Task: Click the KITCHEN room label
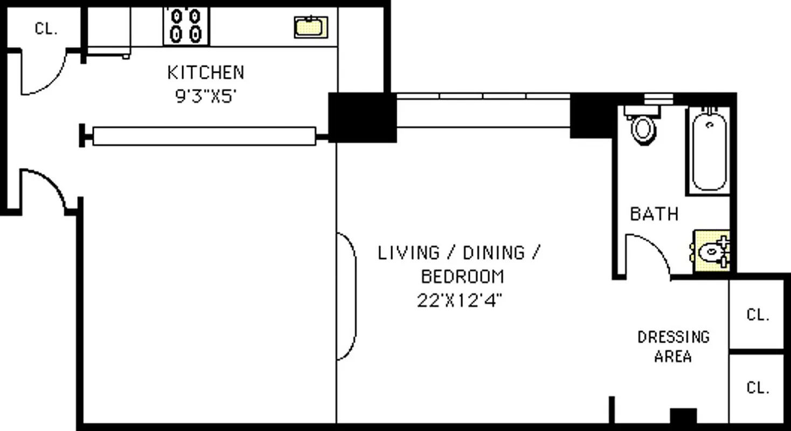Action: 205,72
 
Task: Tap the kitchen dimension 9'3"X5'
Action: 205,97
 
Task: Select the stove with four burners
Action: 186,26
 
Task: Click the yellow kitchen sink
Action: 310,27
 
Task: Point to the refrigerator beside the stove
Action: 108,30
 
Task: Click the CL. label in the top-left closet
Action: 46,29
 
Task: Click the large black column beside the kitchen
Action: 362,117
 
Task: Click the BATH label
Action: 654,214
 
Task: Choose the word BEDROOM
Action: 462,276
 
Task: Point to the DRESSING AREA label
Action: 673,346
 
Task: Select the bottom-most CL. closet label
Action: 758,387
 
